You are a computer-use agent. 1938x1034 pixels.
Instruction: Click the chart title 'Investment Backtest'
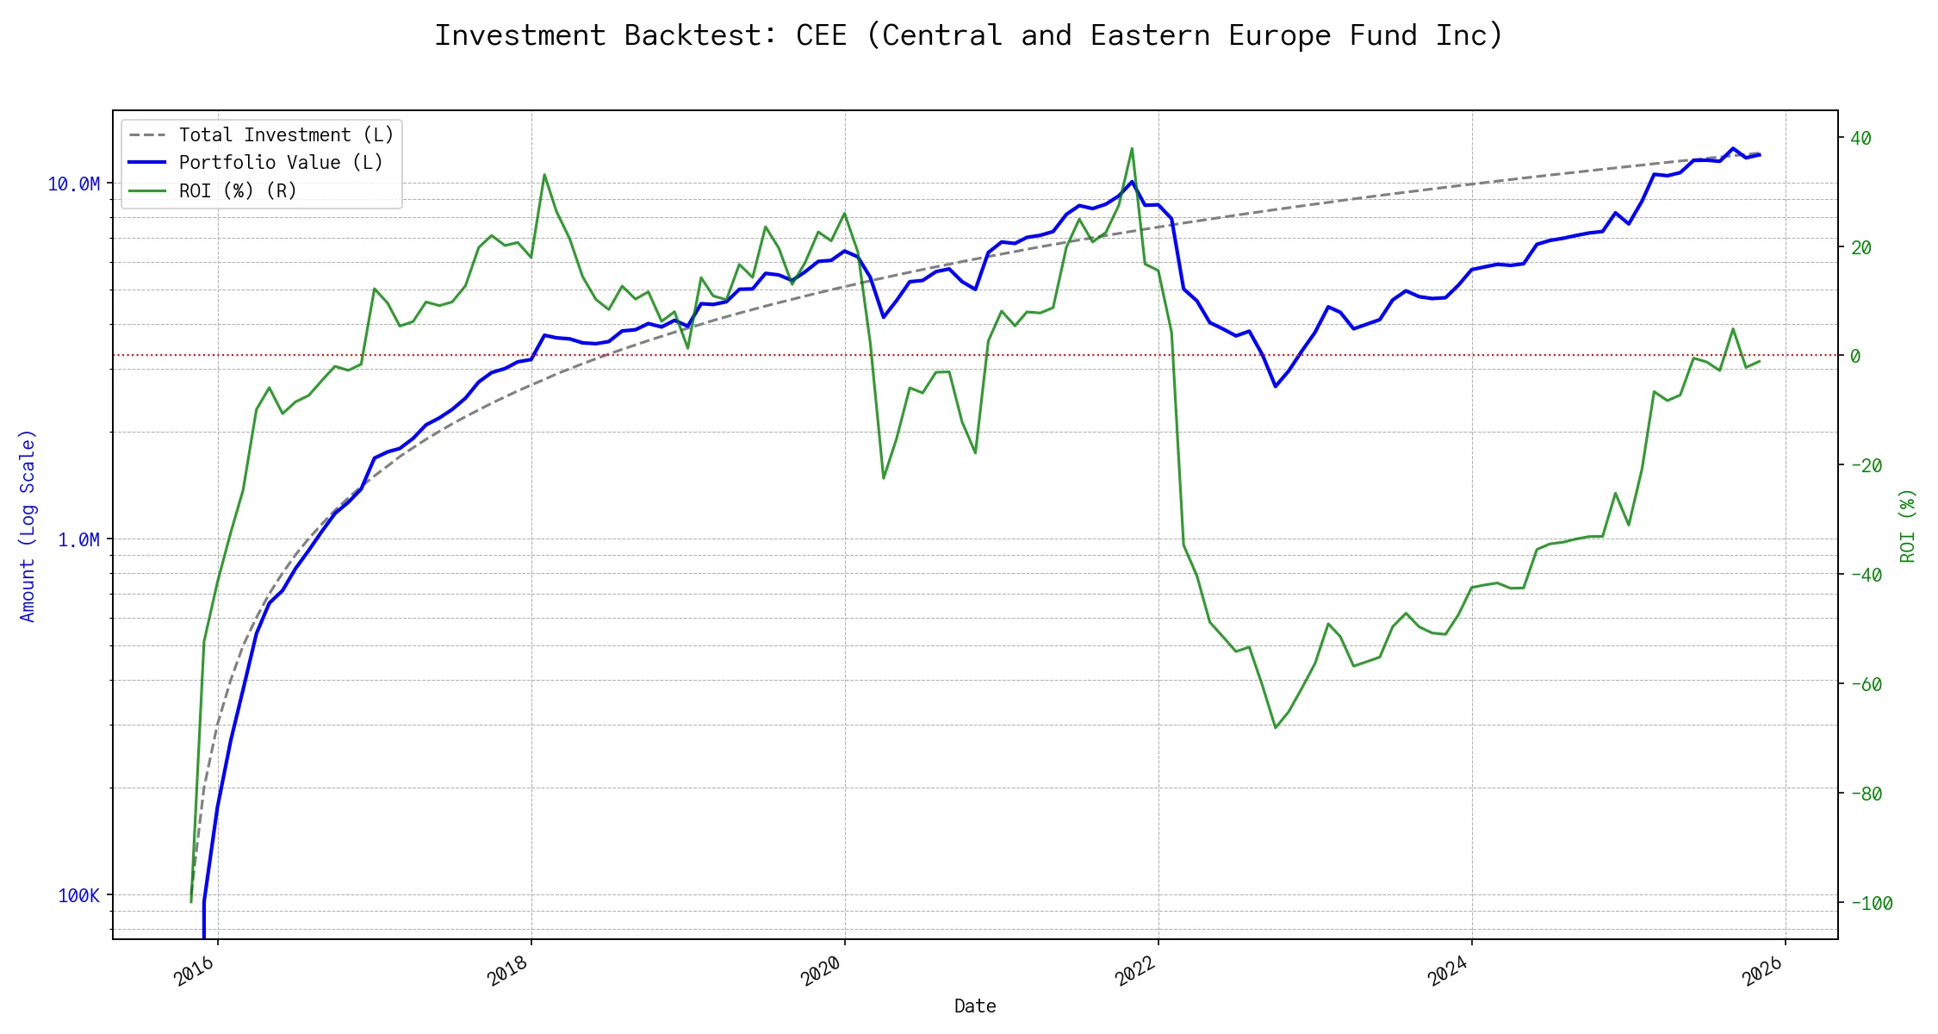(x=968, y=36)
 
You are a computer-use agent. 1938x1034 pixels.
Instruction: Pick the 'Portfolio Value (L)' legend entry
(x=281, y=163)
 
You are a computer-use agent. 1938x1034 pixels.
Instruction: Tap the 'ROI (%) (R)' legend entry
(x=238, y=191)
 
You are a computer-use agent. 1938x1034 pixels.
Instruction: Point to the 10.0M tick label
(x=74, y=184)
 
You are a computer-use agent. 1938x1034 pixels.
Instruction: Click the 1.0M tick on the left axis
(x=78, y=540)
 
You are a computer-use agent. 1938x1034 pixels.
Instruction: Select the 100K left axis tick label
(x=78, y=896)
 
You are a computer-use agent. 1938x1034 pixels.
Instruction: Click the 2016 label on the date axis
(x=195, y=972)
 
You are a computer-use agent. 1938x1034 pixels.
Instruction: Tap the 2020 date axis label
(x=821, y=972)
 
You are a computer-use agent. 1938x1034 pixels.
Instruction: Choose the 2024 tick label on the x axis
(x=1448, y=972)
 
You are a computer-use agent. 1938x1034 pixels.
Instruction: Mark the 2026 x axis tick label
(x=1762, y=972)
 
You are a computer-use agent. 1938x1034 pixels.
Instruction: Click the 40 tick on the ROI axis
(x=1860, y=138)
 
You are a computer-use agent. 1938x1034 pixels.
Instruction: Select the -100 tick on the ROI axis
(x=1871, y=904)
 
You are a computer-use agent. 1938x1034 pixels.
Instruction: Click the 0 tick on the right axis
(x=1855, y=357)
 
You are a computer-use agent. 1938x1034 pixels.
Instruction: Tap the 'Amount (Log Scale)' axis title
(x=28, y=526)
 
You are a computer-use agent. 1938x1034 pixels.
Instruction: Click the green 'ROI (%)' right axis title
(x=1908, y=526)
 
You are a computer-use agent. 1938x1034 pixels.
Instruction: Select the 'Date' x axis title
(x=975, y=1006)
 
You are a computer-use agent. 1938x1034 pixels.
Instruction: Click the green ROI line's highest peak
(x=1132, y=148)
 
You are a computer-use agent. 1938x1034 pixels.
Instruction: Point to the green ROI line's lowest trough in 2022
(x=1276, y=728)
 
